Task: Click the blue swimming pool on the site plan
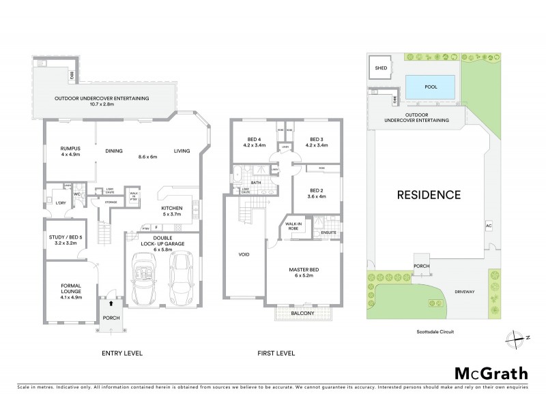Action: coord(430,87)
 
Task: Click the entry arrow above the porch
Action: coord(111,292)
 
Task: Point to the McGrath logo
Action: coord(491,374)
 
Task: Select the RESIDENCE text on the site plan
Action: coord(429,195)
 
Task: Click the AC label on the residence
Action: coord(488,224)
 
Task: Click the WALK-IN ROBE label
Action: coord(295,226)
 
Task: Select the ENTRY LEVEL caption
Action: coord(121,353)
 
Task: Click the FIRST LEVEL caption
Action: coord(275,353)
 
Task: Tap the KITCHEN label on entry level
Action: coord(171,208)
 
